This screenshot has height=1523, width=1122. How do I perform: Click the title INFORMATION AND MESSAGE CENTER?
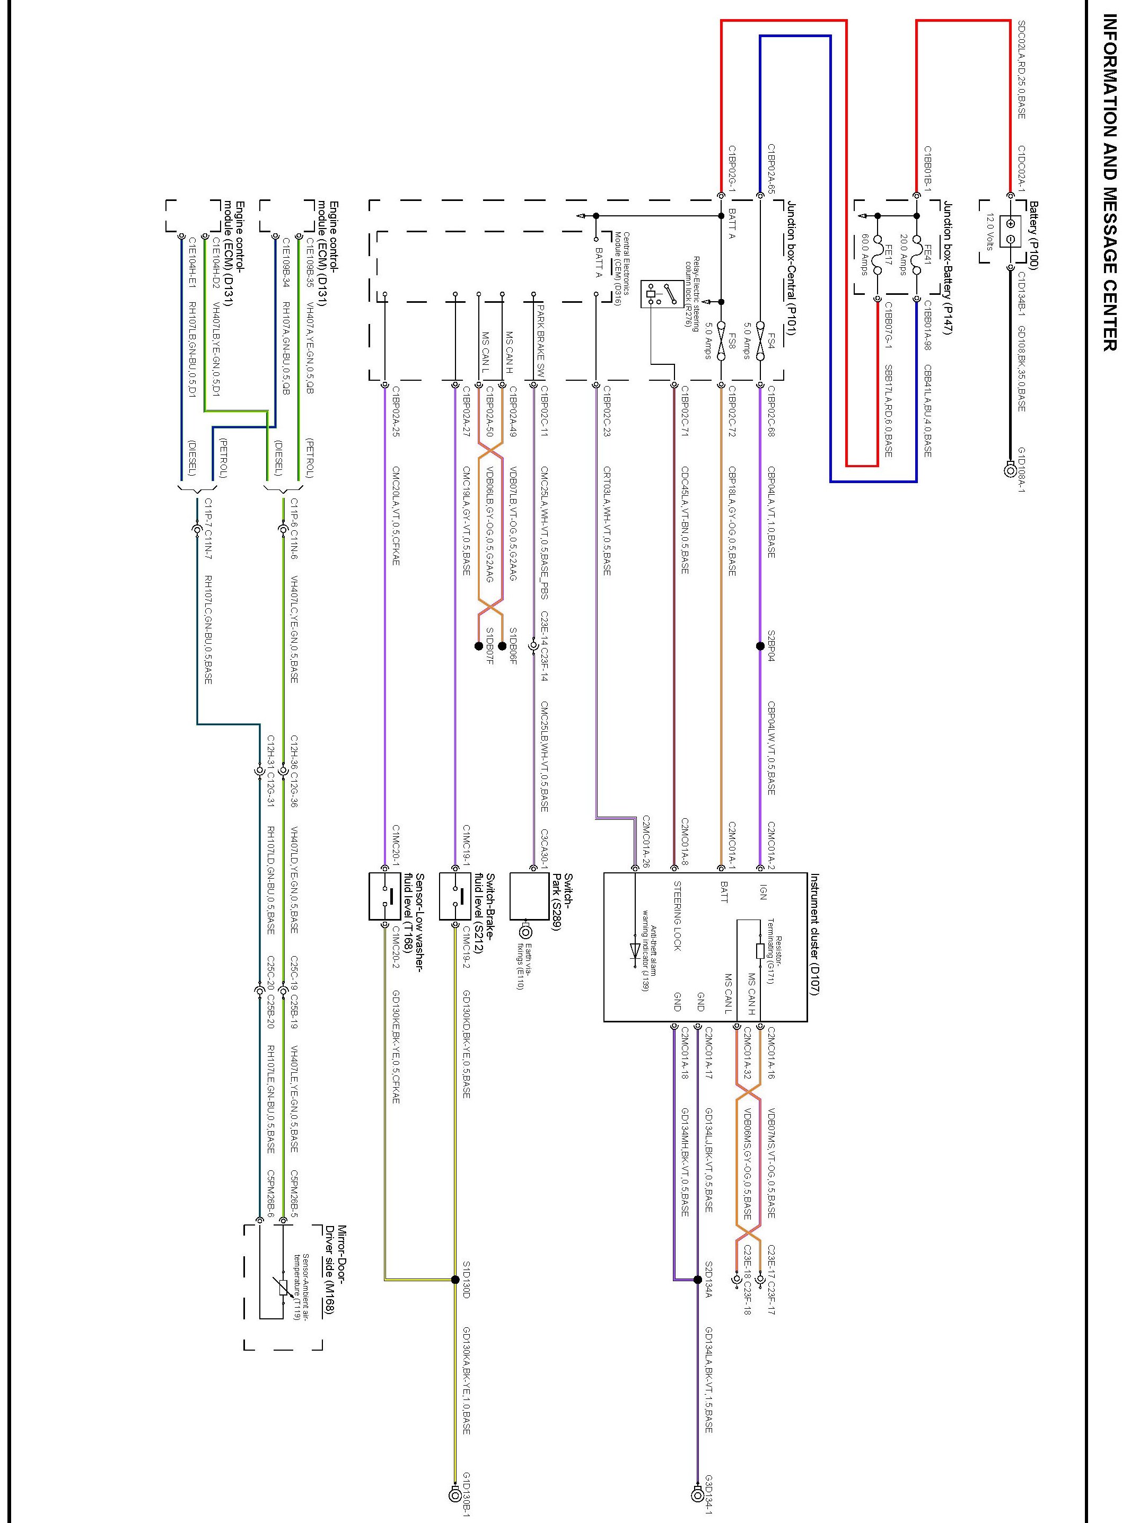click(1108, 183)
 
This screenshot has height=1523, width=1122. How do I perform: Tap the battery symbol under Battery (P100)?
click(1010, 232)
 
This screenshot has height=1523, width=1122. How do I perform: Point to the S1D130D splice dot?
click(455, 1280)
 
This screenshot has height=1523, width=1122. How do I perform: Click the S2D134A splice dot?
click(697, 1280)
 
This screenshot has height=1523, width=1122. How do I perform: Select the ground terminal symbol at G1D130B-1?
click(455, 1494)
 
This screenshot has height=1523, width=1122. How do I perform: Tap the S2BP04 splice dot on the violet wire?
click(760, 646)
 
